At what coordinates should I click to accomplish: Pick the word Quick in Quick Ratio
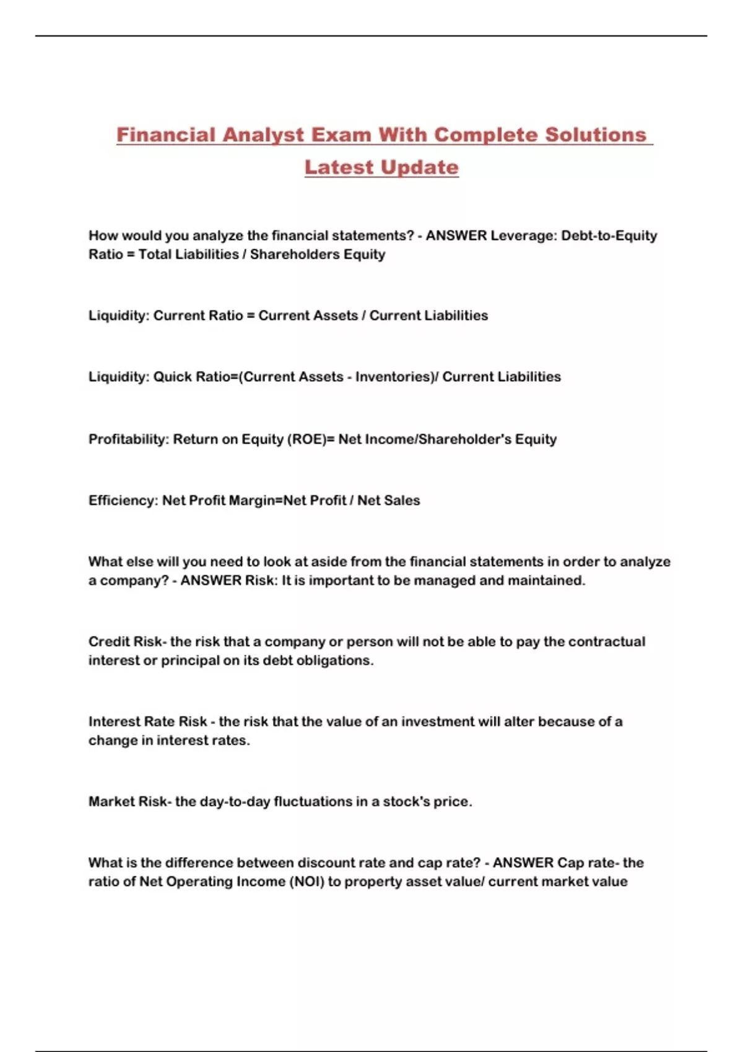click(172, 377)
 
